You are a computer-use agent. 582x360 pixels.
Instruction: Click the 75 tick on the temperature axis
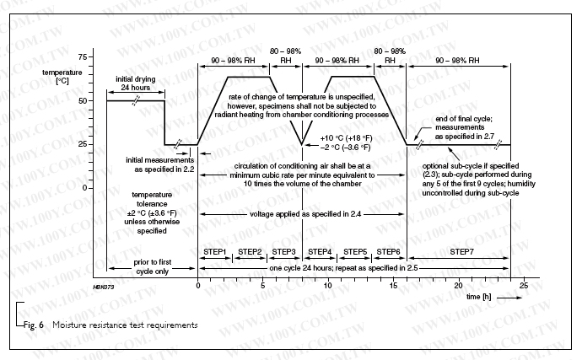(82, 56)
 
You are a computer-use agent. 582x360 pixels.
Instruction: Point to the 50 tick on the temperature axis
(82, 100)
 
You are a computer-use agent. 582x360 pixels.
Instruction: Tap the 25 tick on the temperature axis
(82, 144)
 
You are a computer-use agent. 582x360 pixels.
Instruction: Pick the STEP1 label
(214, 252)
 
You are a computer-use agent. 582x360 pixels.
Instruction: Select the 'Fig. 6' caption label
(31, 324)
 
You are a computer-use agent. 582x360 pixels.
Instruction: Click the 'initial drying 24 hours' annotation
(134, 83)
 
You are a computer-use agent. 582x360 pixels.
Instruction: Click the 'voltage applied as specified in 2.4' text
(300, 215)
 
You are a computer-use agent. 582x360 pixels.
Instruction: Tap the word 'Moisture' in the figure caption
(73, 324)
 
